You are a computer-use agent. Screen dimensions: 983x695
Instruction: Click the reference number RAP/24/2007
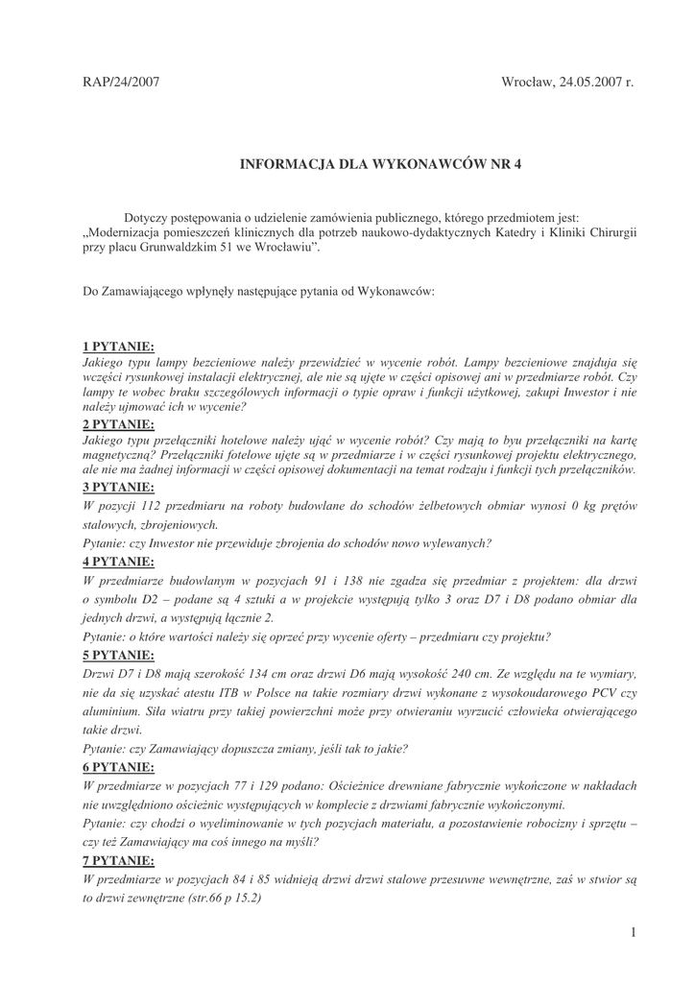[121, 84]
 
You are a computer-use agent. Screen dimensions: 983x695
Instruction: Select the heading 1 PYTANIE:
[118, 347]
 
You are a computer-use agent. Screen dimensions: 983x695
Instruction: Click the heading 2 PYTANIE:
[118, 423]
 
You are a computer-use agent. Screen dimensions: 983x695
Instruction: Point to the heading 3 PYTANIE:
[118, 487]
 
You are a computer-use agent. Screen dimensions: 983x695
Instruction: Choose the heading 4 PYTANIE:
[118, 562]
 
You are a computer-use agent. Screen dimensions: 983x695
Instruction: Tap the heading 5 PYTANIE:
[118, 656]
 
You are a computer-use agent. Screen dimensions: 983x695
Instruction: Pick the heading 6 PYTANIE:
[118, 767]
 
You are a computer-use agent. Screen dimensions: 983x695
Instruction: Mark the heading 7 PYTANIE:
[118, 860]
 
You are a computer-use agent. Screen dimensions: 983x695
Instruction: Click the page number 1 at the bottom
[635, 932]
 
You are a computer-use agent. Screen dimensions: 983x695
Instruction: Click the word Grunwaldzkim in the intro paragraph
[185, 248]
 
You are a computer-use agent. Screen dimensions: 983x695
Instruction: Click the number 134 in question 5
[284, 674]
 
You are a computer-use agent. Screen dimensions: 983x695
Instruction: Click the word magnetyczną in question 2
[116, 454]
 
